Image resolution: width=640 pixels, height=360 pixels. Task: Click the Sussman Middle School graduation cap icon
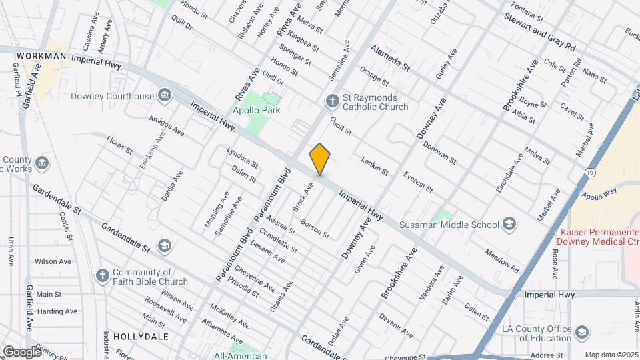[x=510, y=223]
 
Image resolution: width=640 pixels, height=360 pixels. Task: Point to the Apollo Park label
[x=256, y=110]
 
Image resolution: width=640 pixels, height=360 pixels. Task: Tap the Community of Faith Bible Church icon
[x=102, y=274]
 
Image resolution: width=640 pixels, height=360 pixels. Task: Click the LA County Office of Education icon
[x=581, y=331]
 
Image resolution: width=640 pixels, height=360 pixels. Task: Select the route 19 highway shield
[x=591, y=173]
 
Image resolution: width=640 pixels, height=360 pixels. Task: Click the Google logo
[x=22, y=351]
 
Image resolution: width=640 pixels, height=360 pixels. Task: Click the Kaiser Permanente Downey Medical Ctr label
[x=595, y=236]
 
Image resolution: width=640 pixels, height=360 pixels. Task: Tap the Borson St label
[x=315, y=229]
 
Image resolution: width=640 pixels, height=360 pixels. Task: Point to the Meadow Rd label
[x=501, y=261]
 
